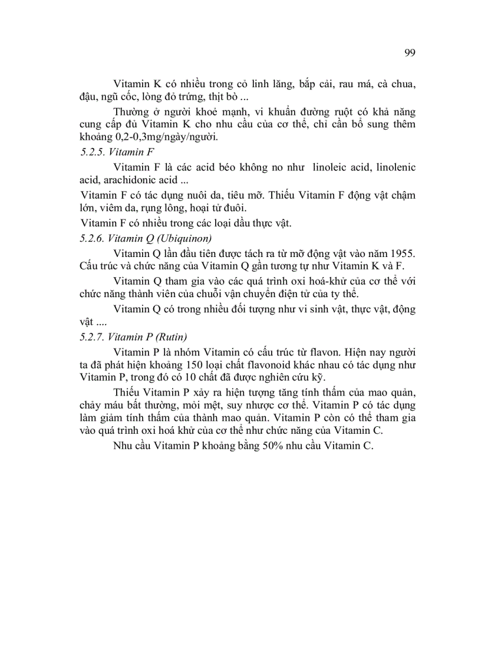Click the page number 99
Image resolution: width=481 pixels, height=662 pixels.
410,52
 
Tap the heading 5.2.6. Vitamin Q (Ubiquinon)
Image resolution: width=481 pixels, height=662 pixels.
146,238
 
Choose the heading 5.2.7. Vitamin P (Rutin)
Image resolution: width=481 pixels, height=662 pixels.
133,337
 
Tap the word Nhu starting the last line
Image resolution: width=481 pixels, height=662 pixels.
124,446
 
